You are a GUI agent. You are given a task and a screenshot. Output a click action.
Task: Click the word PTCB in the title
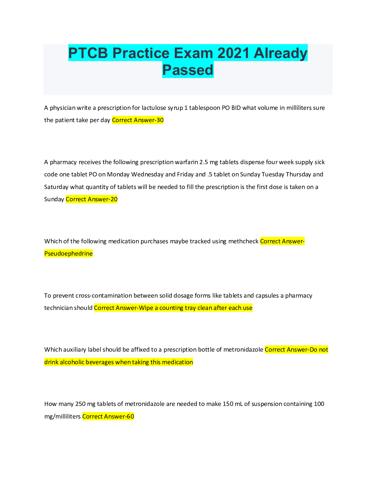(88, 53)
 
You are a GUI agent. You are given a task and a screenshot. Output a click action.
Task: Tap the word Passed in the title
(188, 70)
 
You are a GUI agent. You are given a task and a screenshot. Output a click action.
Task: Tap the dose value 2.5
(204, 162)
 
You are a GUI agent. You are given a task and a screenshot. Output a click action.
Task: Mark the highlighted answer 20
(114, 199)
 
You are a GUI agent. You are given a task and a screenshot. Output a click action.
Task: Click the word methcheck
(243, 241)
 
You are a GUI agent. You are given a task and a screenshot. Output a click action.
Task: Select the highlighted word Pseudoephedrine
(69, 253)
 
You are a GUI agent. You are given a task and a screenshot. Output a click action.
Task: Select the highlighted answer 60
(131, 416)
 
